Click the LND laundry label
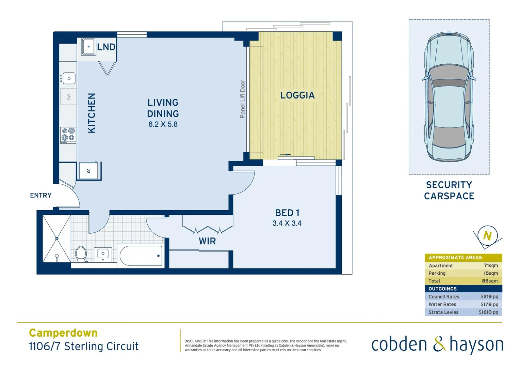106,47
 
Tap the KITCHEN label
92,113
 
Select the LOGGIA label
297,95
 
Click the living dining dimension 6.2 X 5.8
163,124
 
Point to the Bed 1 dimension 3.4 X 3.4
287,224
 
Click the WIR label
207,241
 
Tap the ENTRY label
41,196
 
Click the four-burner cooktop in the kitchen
68,135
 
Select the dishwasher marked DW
68,97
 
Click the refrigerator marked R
89,171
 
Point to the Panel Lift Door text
242,99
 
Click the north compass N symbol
487,235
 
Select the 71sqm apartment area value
491,265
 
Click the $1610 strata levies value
488,312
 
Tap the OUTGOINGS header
442,289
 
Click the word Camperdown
63,333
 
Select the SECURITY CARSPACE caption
449,190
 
